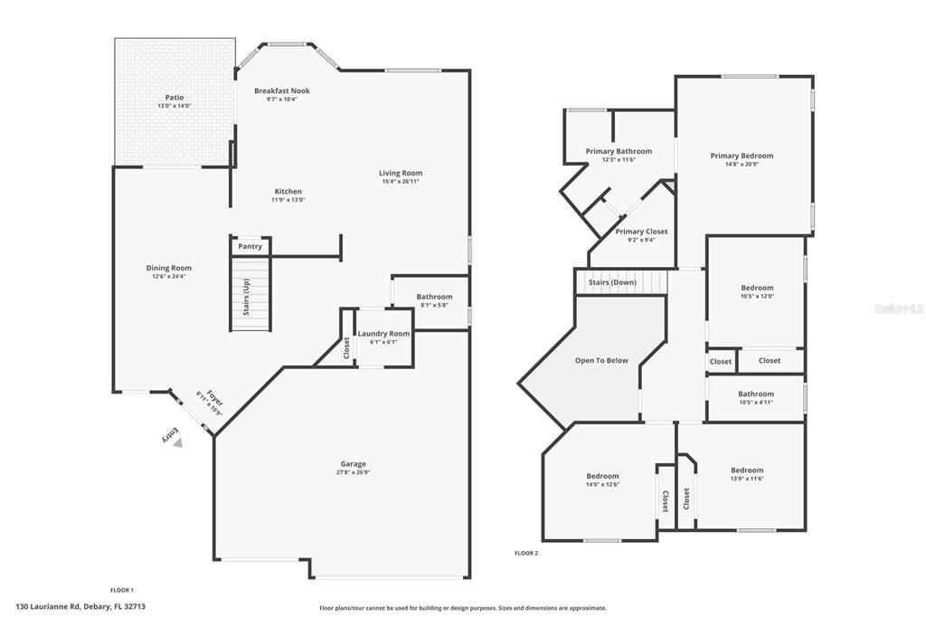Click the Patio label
(174, 97)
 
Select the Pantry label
(250, 246)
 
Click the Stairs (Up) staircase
(250, 295)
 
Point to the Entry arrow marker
(178, 442)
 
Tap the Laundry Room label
(383, 334)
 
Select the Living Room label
(400, 173)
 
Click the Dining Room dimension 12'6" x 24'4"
(169, 276)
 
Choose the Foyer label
(213, 398)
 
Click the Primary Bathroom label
(619, 151)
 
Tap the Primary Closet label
(641, 232)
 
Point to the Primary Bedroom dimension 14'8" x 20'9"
(742, 164)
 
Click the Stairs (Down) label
(612, 282)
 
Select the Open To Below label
(601, 360)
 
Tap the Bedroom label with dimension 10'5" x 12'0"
(757, 288)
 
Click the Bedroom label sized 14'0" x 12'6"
(602, 476)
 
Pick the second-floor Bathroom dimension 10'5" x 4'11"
(755, 402)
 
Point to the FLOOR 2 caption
(526, 553)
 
